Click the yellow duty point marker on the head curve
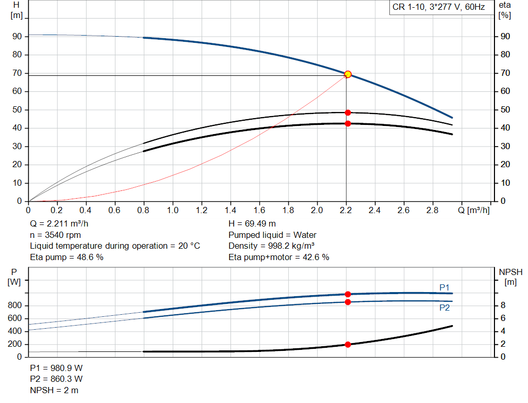coord(348,74)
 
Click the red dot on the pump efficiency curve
coord(348,112)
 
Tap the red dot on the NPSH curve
coord(348,344)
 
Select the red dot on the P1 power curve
coord(348,294)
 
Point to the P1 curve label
coord(444,287)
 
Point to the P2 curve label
coord(444,308)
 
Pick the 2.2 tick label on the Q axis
coord(346,210)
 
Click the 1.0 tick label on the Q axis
coord(173,210)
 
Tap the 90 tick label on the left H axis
coord(17,37)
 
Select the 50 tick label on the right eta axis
coord(505,109)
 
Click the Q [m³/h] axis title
coord(474,210)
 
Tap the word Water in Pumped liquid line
coord(305,235)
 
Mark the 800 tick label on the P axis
coord(15,305)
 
